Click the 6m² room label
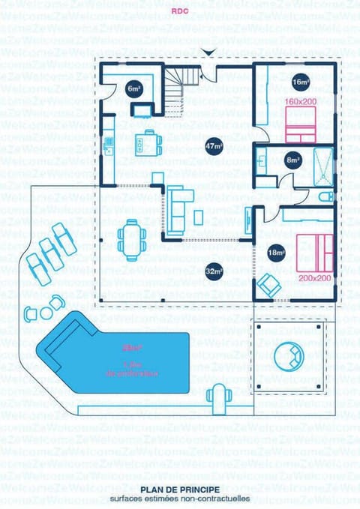click(x=133, y=88)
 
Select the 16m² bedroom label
click(x=300, y=82)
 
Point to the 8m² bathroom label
click(x=292, y=160)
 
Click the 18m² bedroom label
click(x=277, y=253)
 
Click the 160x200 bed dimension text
click(x=300, y=101)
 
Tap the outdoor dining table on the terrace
click(x=132, y=239)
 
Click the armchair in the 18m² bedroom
click(x=268, y=284)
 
